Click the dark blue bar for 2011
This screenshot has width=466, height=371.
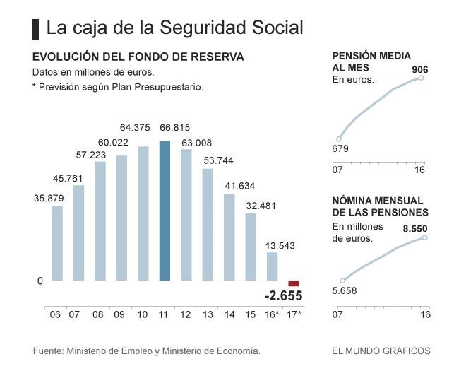(x=165, y=211)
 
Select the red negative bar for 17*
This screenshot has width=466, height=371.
(x=294, y=283)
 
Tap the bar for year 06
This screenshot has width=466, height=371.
(x=57, y=243)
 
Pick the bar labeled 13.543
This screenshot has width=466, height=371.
(x=273, y=266)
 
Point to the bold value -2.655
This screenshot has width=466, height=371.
(x=284, y=295)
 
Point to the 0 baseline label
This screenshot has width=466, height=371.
(x=40, y=281)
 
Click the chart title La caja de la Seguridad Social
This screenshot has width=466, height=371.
(x=174, y=28)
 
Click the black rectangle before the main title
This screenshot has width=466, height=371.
(x=35, y=28)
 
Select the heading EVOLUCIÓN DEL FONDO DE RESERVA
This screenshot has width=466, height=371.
(x=138, y=56)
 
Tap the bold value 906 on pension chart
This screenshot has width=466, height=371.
(x=420, y=69)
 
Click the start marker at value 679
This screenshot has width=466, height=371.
(x=339, y=139)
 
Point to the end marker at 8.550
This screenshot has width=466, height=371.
(x=425, y=237)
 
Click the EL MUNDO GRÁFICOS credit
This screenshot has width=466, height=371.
(x=381, y=351)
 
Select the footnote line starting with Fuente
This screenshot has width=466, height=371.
(x=147, y=351)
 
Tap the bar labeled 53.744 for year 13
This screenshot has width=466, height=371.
(x=208, y=224)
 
